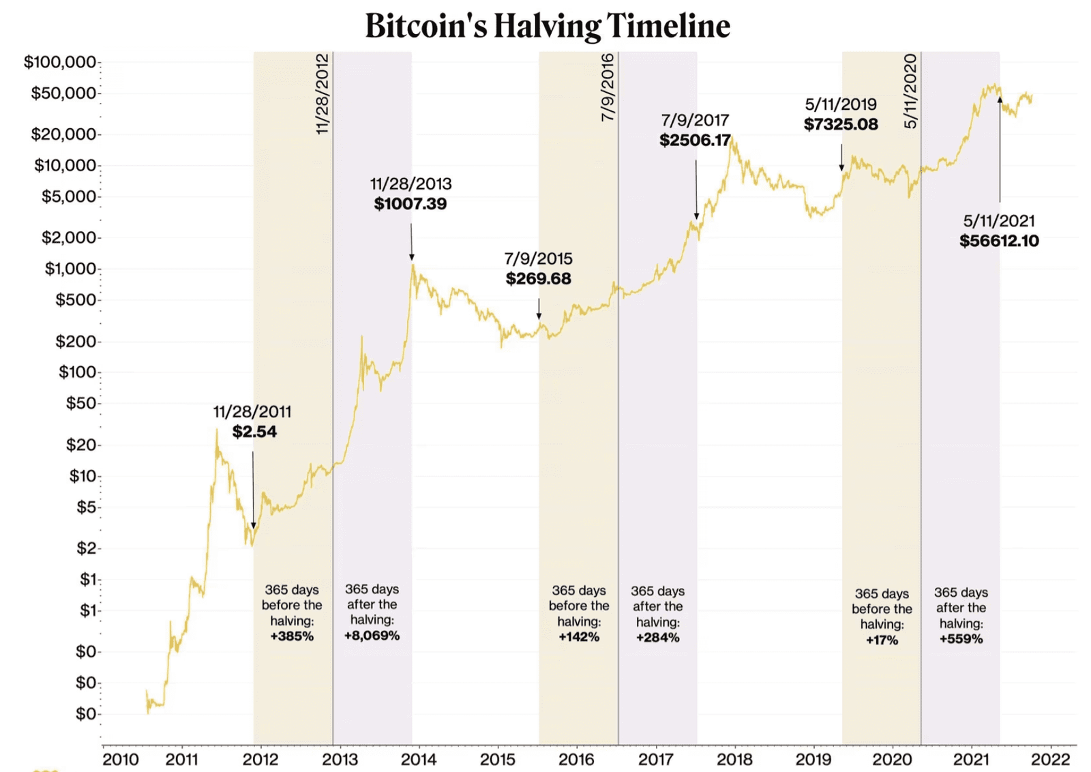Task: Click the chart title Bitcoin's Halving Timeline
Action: pos(548,26)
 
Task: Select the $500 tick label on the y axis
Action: pos(76,299)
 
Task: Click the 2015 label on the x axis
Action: pos(497,759)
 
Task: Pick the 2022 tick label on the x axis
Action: pos(1050,759)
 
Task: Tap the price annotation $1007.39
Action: pos(410,204)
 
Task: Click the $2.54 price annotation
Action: pos(254,432)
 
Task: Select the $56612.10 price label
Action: pos(999,241)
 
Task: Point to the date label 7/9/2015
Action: pos(538,259)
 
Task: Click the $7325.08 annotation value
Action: pos(841,124)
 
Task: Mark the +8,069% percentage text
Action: pos(372,636)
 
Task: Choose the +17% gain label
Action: pos(882,640)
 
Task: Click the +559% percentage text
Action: pos(961,639)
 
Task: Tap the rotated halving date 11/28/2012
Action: pos(323,93)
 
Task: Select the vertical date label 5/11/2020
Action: pos(910,91)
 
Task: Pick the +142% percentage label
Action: pos(579,637)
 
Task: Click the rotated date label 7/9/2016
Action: pos(608,87)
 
